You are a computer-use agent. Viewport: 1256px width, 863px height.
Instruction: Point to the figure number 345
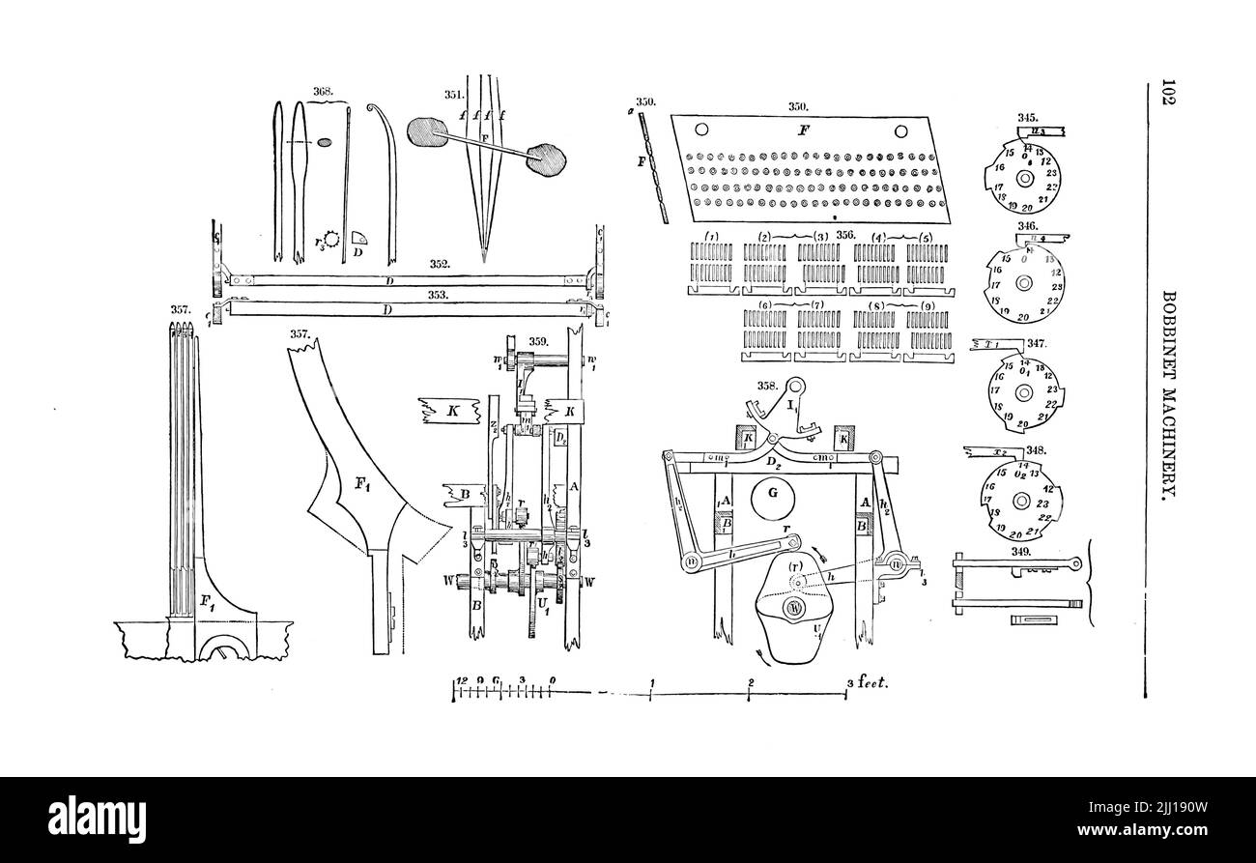click(x=1027, y=118)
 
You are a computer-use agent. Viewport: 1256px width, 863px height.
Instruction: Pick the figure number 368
click(x=323, y=92)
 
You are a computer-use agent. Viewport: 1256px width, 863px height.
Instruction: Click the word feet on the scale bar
click(x=872, y=681)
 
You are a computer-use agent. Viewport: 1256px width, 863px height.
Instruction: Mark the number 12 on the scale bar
click(x=461, y=679)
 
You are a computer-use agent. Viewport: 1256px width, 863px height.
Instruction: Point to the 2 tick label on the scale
click(x=751, y=681)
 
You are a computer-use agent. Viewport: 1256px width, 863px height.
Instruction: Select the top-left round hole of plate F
click(x=702, y=130)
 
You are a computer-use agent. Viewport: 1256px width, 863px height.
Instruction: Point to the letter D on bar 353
click(x=386, y=310)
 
